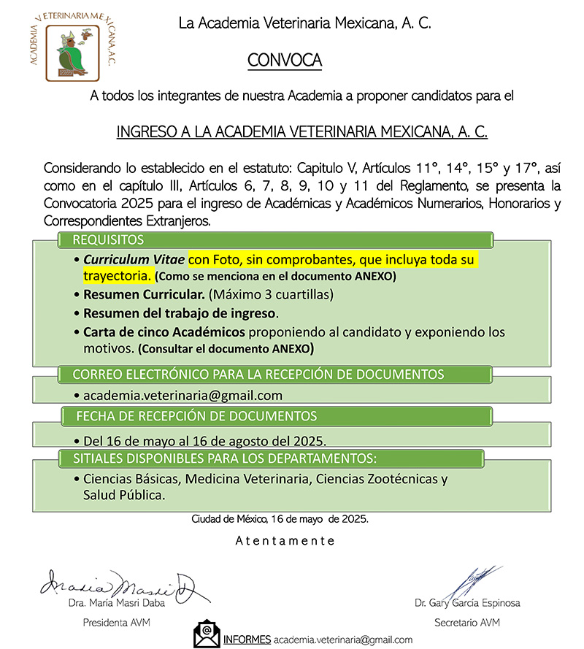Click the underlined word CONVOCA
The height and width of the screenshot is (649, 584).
pos(285,60)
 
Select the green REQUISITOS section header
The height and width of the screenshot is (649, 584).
pos(108,240)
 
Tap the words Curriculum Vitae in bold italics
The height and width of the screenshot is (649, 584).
pos(134,260)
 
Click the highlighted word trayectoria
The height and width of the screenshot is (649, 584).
pos(118,277)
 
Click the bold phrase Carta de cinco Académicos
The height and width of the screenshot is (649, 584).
pos(165,332)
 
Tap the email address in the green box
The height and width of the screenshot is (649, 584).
pos(182,396)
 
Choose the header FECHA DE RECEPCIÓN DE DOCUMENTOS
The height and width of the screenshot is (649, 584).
pos(197,416)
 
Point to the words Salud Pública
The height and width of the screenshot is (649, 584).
pos(123,494)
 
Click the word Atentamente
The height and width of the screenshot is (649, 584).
pos(285,541)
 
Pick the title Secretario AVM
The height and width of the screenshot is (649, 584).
pos(467,623)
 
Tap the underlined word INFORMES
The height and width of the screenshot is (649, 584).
pos(247,639)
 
